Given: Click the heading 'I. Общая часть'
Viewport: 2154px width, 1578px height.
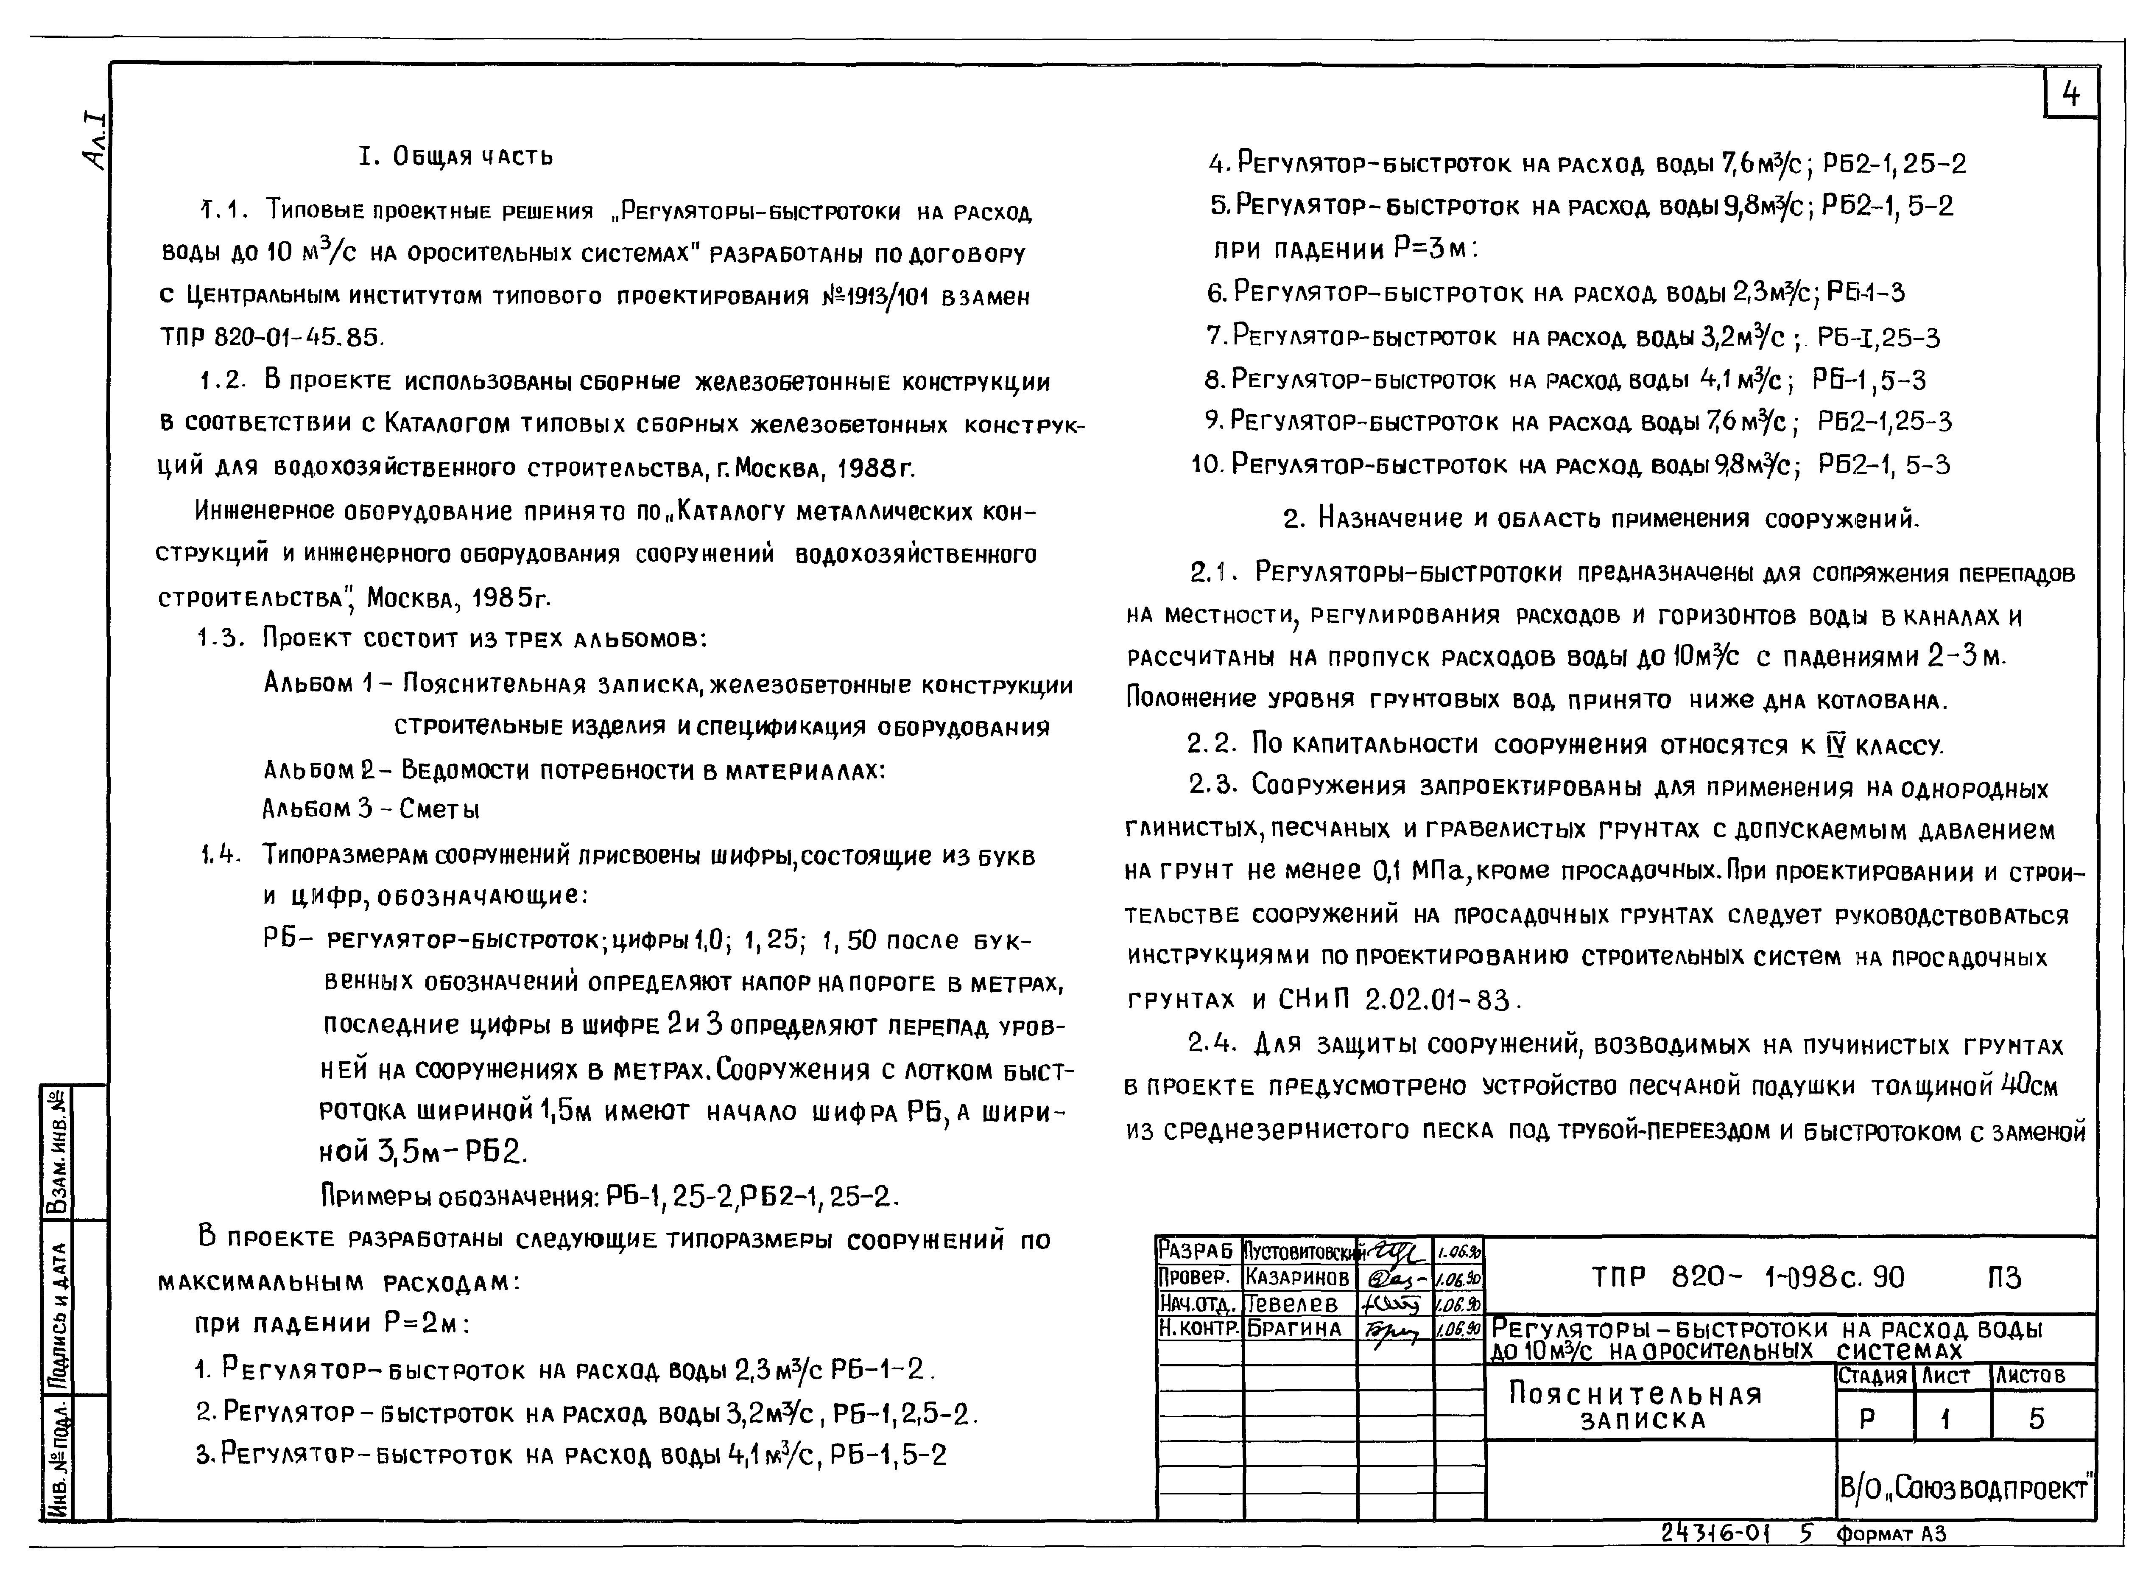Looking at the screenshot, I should pyautogui.click(x=455, y=157).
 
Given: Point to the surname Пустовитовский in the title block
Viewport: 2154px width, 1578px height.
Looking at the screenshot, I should pyautogui.click(x=1300, y=1251).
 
